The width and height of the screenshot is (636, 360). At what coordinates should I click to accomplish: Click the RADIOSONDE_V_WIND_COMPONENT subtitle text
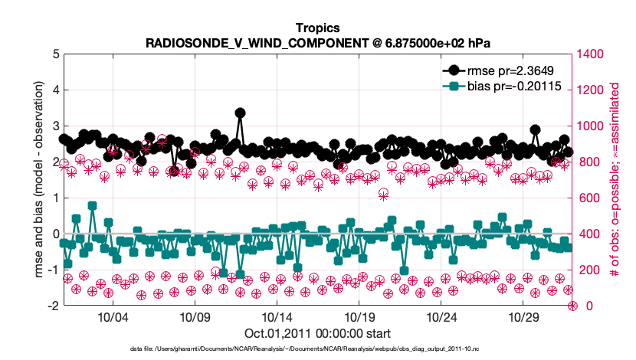tap(317, 41)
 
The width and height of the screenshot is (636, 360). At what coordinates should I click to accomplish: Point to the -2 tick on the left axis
tap(53, 306)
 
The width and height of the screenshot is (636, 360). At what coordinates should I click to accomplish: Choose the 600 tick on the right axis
tap(588, 198)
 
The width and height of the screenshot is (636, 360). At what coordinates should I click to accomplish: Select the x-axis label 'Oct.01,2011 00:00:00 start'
tap(317, 333)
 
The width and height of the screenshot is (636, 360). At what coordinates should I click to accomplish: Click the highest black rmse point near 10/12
tap(240, 113)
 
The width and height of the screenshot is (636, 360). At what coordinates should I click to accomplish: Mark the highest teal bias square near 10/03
tap(92, 205)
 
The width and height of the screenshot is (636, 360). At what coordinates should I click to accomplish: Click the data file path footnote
tap(317, 349)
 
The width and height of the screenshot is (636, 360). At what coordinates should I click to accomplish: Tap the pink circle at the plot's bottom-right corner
tap(572, 306)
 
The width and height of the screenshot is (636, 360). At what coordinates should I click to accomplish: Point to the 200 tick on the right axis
tap(588, 270)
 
